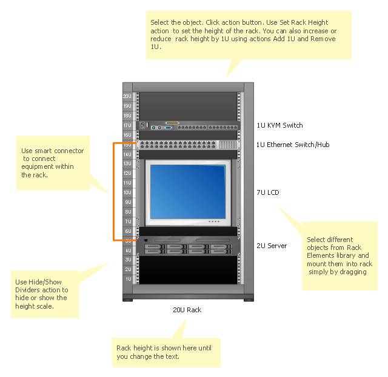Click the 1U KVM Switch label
coord(279,125)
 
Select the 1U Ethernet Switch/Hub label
coord(292,145)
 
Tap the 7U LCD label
coord(268,192)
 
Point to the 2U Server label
coord(272,246)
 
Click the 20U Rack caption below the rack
coord(187,310)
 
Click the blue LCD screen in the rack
coord(189,191)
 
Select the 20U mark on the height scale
coord(127,96)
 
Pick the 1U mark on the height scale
coord(128,279)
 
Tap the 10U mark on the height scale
coord(128,192)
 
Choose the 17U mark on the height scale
coord(127,125)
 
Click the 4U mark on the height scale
coord(128,251)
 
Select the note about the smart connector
coord(53,163)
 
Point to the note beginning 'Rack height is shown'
coord(165,352)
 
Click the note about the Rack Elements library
coord(339,255)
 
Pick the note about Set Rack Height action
coord(249,34)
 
